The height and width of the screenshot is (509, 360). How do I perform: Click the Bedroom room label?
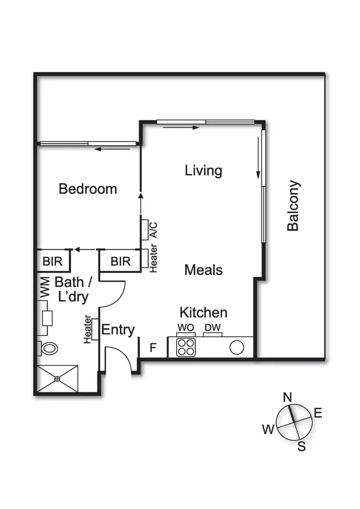coord(88,189)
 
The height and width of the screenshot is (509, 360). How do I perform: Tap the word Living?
coord(204,171)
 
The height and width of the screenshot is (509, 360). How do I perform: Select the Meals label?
coord(204,270)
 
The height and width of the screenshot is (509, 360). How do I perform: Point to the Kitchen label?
coord(203,313)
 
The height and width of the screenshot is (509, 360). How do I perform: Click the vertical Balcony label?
coord(293,206)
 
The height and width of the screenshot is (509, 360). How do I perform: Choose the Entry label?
coord(118,330)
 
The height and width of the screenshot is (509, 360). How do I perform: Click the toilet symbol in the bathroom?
coord(48,348)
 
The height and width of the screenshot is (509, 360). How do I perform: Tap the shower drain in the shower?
coord(57,379)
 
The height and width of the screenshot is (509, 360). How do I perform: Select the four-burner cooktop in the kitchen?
coord(186,347)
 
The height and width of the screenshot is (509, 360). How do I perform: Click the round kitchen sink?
coord(237,347)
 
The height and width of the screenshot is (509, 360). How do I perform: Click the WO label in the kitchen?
coord(185,327)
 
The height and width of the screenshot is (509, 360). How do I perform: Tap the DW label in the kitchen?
coord(212,327)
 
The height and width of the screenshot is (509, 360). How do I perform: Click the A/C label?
coord(154,229)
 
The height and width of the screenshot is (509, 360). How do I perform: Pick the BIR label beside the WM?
coord(52,261)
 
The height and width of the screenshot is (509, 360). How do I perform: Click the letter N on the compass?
coord(288,397)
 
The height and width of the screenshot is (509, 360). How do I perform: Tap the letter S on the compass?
coord(301,447)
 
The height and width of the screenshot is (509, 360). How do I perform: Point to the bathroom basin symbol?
coord(47,318)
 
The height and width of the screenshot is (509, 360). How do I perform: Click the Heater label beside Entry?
coord(88,330)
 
